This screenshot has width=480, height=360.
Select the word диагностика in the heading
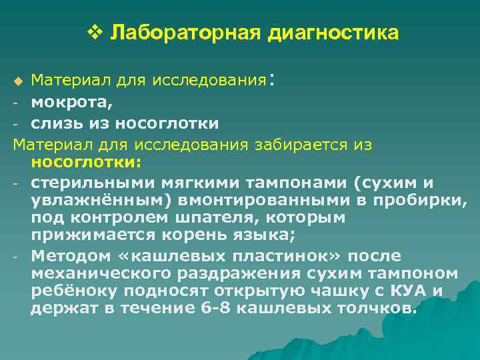click(x=333, y=33)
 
